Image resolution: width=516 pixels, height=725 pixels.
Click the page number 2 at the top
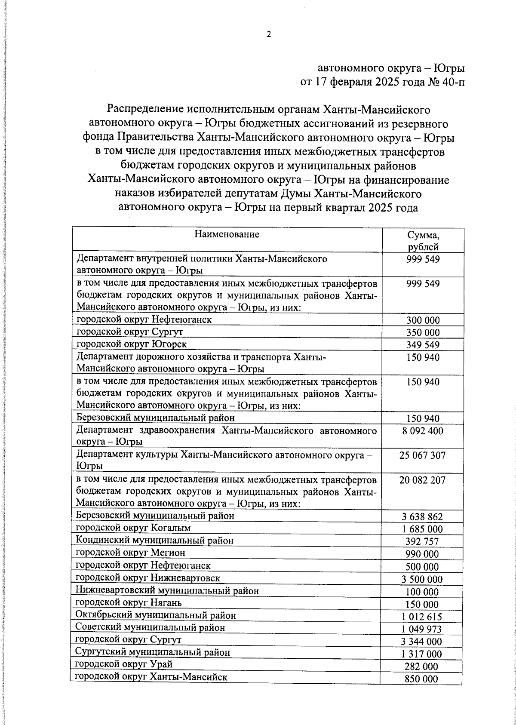coord(269,35)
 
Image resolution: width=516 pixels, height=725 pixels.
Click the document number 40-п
coord(453,82)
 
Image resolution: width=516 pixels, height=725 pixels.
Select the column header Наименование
coord(227,234)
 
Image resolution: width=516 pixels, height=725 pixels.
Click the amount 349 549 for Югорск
coord(423,345)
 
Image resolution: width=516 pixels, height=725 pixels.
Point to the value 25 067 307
coord(422,455)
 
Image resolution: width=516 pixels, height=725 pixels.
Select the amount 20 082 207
coord(422,480)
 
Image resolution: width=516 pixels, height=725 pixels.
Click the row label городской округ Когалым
coord(133,528)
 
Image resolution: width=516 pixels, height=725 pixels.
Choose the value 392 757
coord(422,542)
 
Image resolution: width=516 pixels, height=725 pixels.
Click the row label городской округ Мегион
coord(131,552)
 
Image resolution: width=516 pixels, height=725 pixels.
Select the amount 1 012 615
coord(422,617)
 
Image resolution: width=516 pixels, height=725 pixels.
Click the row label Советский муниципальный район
coord(150,627)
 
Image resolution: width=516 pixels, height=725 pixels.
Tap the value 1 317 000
coord(422,654)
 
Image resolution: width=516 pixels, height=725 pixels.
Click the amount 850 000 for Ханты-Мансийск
coord(422,679)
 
